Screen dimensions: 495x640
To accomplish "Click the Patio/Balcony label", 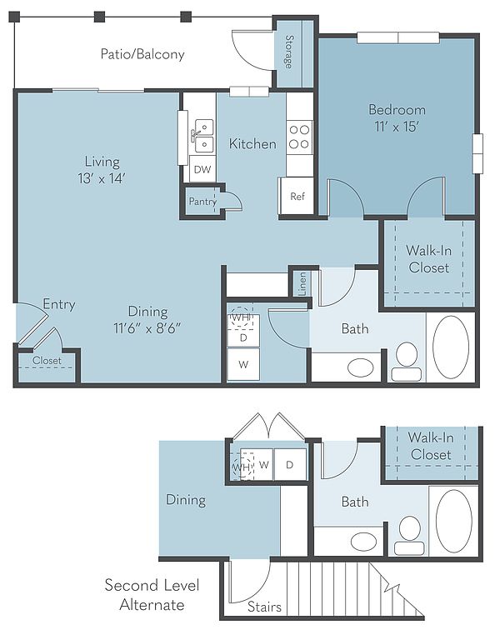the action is coord(142,54).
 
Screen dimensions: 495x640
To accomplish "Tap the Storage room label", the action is coord(289,52).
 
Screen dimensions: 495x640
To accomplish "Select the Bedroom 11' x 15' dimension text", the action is coord(397,127).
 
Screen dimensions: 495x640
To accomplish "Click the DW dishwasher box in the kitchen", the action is coord(202,169).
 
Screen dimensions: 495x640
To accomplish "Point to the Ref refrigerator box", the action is coord(297,196).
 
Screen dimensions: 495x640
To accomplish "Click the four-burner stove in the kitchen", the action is coord(299,137).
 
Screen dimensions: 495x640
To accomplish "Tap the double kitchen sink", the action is coord(203,136).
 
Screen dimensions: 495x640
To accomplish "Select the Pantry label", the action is coord(202,201).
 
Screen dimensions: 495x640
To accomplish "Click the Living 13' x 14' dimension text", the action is coord(102,178).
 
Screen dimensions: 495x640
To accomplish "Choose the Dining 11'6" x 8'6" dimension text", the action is coord(147,327).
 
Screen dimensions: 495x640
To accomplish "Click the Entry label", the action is coord(59,304).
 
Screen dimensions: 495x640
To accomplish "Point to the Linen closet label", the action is coord(302,283).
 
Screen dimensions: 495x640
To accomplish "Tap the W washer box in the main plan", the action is coord(243,364).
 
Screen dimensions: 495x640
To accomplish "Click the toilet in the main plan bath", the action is coord(407,362).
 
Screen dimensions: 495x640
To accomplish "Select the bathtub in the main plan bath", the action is coord(451,347).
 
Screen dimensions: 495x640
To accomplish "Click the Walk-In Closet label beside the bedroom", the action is coord(429,259).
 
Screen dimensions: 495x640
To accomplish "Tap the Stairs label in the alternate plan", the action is coord(264,607).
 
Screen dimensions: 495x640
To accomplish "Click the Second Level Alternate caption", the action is coord(152,595).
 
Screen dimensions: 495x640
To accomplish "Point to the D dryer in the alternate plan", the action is coord(290,464).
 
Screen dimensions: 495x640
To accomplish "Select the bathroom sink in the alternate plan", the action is coord(364,541).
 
